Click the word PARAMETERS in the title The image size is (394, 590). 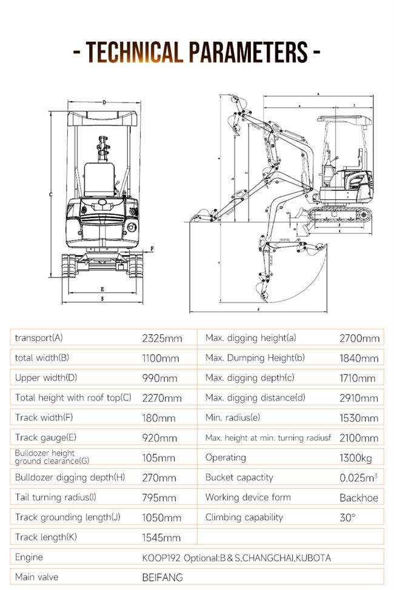coord(248,52)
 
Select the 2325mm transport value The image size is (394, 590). coord(162,338)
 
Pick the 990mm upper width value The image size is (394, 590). coord(159,378)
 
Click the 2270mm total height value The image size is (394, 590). coord(162,398)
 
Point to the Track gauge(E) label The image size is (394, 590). coord(46,437)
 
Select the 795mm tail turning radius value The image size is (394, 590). coord(159,497)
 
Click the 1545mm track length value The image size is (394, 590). coord(161,537)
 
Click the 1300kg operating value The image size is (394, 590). coord(356,457)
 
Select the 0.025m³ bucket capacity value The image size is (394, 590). coord(358,477)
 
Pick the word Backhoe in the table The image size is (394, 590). coord(358,497)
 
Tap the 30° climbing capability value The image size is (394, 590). coord(348,517)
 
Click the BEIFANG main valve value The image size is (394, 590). coord(162,577)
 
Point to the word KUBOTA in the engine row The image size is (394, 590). coord(313,557)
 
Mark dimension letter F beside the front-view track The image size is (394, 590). coord(152,248)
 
